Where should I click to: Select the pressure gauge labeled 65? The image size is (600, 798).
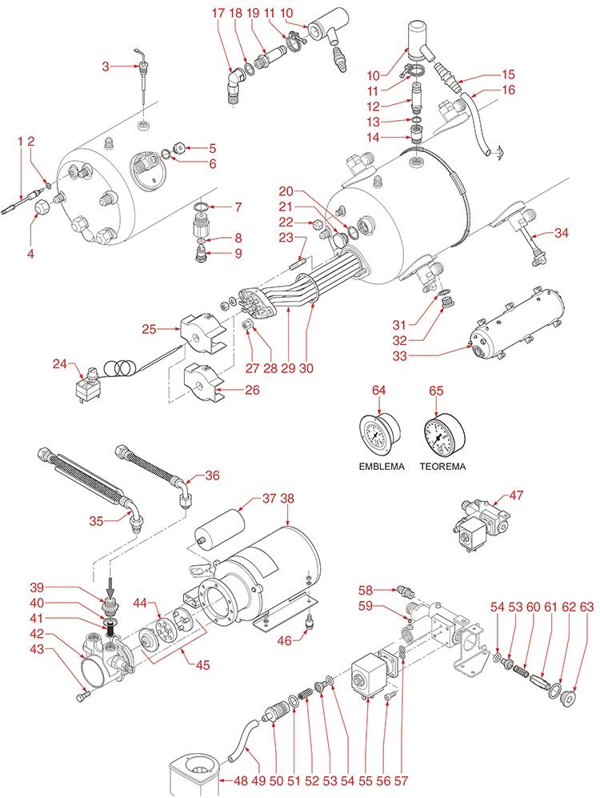(x=439, y=436)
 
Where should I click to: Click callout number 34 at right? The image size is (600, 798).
(x=562, y=233)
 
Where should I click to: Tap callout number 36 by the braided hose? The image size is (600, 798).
(x=212, y=474)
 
